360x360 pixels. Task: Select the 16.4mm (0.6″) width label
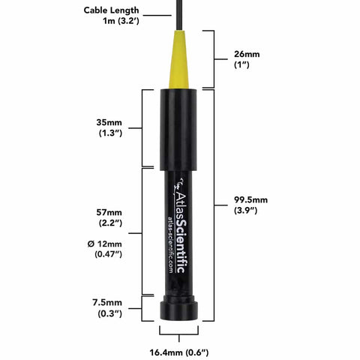[x=180, y=351]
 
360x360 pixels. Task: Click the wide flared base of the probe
[x=180, y=309]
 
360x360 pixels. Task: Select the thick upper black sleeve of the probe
[x=180, y=127]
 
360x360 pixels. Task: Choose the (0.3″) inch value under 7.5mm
[x=109, y=314]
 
